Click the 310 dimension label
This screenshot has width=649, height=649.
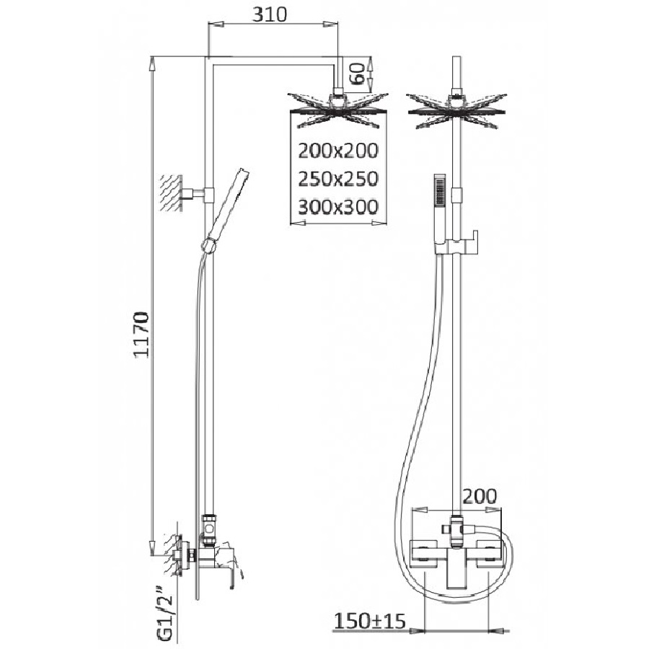(270, 14)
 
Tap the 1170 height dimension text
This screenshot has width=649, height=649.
(141, 335)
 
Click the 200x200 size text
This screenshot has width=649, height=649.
(338, 151)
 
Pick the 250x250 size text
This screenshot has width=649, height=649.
(338, 179)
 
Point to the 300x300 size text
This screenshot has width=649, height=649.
(338, 207)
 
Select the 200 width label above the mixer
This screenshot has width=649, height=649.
(480, 496)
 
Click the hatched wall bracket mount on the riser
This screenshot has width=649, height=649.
(172, 193)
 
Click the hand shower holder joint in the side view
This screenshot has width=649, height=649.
(208, 245)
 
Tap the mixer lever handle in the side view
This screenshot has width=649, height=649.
(229, 564)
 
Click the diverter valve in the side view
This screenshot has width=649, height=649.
(209, 529)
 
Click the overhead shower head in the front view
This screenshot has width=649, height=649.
(456, 110)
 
